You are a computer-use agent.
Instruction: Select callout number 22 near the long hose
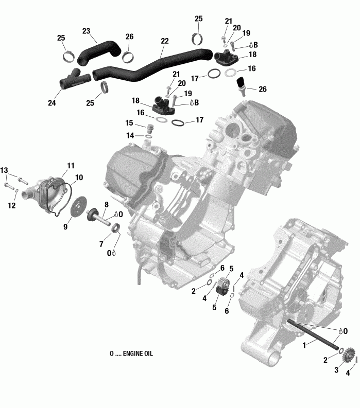(x=165, y=41)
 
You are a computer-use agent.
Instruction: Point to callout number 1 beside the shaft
(x=305, y=343)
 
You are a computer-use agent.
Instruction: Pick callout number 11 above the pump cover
(x=71, y=165)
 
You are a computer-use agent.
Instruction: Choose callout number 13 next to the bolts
(x=4, y=170)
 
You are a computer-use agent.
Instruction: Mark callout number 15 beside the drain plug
(x=129, y=123)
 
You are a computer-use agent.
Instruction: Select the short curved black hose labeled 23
(x=97, y=51)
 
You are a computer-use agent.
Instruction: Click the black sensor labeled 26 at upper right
(x=242, y=84)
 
